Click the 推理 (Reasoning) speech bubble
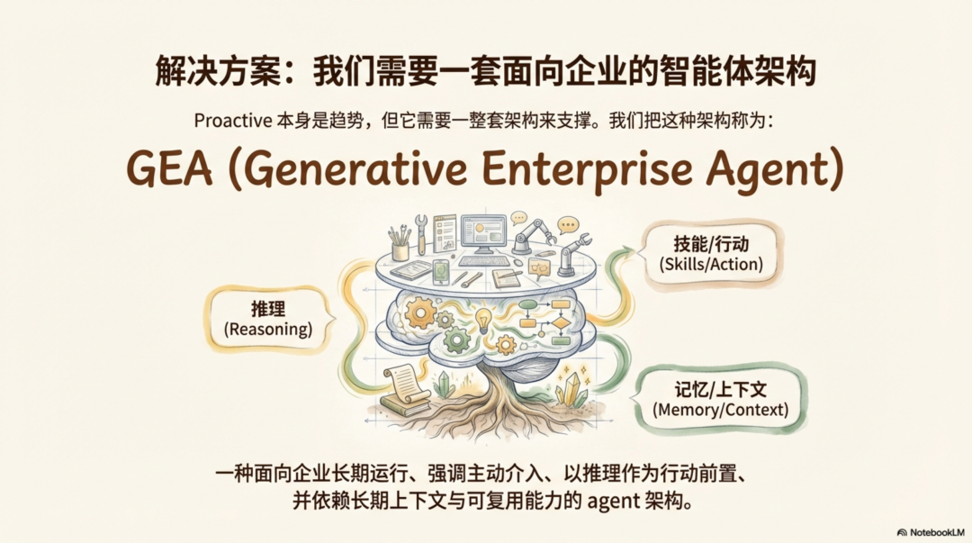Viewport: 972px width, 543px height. tap(267, 319)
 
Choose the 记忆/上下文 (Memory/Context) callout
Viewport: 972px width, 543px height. tap(721, 400)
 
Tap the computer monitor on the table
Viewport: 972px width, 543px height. tap(483, 233)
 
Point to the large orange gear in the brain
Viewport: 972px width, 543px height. tap(420, 312)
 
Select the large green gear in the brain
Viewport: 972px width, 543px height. tap(457, 339)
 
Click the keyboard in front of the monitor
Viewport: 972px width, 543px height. tap(483, 261)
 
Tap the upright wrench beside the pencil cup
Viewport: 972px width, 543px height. tap(420, 231)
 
